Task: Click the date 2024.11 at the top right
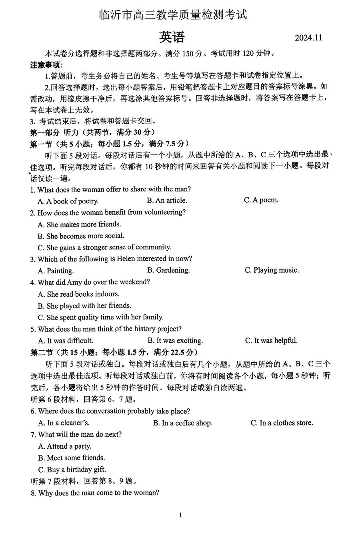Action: pos(308,38)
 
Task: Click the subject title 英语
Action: pos(172,37)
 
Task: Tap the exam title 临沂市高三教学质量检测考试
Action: pos(173,15)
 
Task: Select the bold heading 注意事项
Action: pos(46,65)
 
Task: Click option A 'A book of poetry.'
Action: pos(68,201)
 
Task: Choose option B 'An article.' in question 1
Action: pos(167,201)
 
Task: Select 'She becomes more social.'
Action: pos(81,236)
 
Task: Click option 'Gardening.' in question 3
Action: pos(168,270)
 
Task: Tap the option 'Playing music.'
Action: pos(272,270)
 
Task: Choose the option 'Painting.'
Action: pos(56,271)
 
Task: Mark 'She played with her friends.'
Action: pos(85,306)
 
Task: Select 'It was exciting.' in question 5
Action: pos(175,341)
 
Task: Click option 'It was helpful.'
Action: pos(271,341)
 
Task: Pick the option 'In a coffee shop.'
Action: pos(183,423)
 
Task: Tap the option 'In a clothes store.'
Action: pos(282,423)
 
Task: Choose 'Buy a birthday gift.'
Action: pos(72,470)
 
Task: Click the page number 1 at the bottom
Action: pos(180,515)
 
